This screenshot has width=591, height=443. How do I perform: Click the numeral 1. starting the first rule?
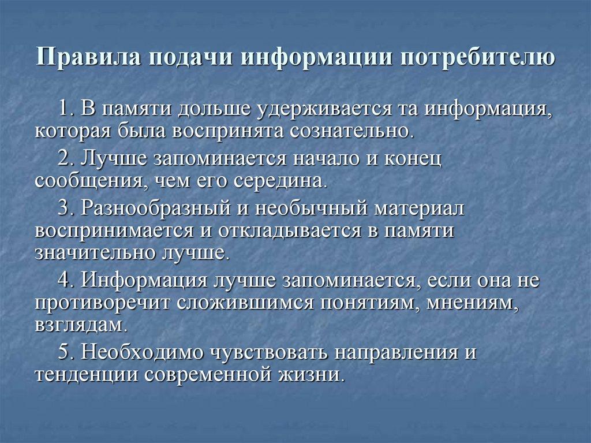pyautogui.click(x=67, y=108)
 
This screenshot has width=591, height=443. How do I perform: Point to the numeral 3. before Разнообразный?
pyautogui.click(x=67, y=207)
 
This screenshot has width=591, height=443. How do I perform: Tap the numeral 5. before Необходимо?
pyautogui.click(x=67, y=351)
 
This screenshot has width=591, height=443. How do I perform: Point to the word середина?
pyautogui.click(x=280, y=180)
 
